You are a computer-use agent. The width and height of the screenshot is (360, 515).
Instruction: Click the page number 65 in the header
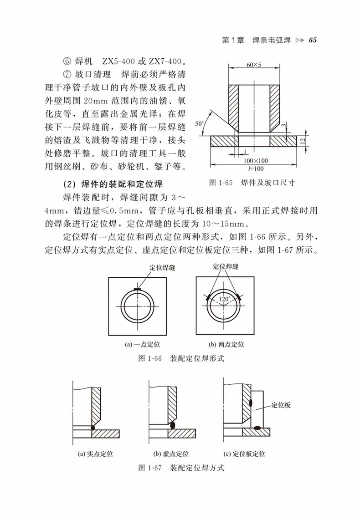[x=312, y=40]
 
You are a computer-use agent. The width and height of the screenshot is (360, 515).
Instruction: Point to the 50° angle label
[x=199, y=123]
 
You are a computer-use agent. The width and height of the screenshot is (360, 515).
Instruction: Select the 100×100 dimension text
[x=255, y=160]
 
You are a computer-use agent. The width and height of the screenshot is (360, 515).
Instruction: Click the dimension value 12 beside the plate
[x=302, y=141]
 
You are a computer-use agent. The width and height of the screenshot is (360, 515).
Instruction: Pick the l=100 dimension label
[x=254, y=168]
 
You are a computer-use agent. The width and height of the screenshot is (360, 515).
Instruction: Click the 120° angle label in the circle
[x=224, y=299]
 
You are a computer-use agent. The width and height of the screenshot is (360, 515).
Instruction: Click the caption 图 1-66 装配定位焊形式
[x=181, y=358]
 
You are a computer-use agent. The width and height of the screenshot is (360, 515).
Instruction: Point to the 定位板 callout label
[x=281, y=405]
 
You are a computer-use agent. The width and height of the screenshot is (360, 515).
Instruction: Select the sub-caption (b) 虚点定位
[x=171, y=454]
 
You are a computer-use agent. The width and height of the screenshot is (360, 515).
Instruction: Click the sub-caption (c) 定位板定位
[x=244, y=454]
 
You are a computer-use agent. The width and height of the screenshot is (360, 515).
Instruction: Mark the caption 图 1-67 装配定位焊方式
[x=181, y=468]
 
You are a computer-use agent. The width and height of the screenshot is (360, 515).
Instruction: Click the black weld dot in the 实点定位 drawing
[x=93, y=428]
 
